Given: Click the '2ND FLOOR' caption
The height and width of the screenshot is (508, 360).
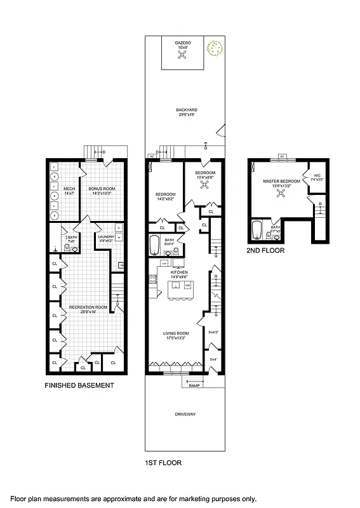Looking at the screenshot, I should click(x=265, y=251).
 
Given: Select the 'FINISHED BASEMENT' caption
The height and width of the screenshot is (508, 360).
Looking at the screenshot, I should click(x=79, y=385).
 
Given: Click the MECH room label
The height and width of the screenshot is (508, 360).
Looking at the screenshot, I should click(x=70, y=189).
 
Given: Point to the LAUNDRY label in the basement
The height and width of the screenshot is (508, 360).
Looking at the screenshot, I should click(x=105, y=237).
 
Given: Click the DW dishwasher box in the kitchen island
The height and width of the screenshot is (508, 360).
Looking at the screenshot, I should click(x=188, y=284).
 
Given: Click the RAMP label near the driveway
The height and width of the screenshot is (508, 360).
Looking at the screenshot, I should click(x=194, y=384).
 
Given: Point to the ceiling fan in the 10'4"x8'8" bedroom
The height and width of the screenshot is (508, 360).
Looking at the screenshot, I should click(x=205, y=185).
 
